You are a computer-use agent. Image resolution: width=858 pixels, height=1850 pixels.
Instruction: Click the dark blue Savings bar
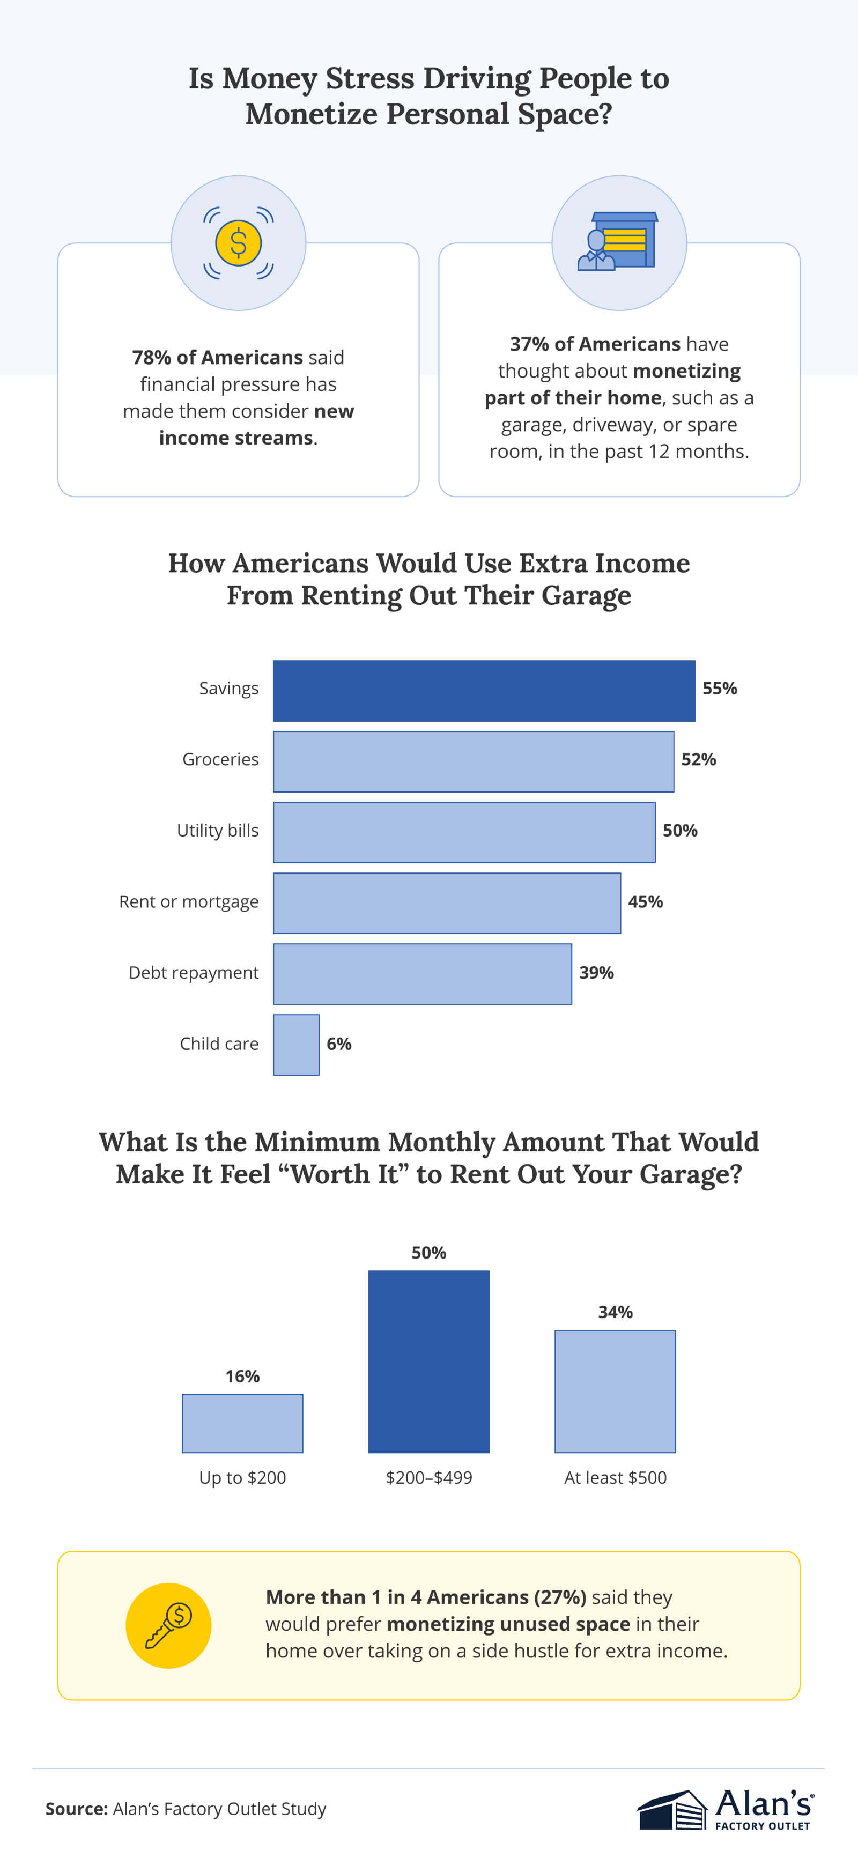(x=484, y=690)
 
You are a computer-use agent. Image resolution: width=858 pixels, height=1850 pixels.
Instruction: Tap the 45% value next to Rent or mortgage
(x=645, y=901)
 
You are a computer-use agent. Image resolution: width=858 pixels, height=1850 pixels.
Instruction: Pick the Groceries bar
(x=473, y=761)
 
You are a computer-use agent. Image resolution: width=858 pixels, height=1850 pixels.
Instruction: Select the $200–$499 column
(x=428, y=1361)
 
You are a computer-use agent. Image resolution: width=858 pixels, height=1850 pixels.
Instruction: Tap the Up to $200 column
(x=243, y=1423)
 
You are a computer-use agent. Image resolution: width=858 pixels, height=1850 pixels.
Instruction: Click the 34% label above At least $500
(x=615, y=1312)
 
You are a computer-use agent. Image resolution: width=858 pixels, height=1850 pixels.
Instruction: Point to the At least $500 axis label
(x=615, y=1477)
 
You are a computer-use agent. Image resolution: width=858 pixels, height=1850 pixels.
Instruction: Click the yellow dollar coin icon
(x=239, y=243)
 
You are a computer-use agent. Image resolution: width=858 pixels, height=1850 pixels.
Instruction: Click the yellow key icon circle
(x=169, y=1625)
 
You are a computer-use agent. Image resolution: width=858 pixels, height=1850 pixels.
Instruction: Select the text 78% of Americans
(x=217, y=357)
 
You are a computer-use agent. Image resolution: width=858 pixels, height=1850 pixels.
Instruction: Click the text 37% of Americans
(x=595, y=344)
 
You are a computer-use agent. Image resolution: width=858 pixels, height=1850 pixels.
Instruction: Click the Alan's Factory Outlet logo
(x=725, y=1809)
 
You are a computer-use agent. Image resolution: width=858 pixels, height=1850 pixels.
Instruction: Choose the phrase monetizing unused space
(x=508, y=1624)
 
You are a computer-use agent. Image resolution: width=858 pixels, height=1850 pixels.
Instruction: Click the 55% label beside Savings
(x=720, y=688)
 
